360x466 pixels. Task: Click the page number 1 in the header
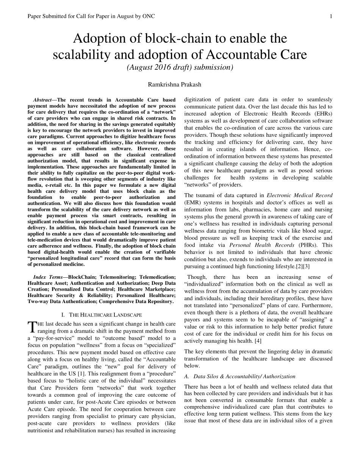pyautogui.click(x=331, y=16)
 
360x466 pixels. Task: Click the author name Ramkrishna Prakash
pyautogui.click(x=180, y=85)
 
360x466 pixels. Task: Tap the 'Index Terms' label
pyautogui.click(x=49, y=277)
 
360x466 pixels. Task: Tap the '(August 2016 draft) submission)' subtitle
pyautogui.click(x=180, y=67)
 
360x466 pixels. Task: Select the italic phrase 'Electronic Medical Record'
pyautogui.click(x=299, y=195)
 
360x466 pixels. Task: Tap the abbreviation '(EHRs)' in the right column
pyautogui.click(x=321, y=114)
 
